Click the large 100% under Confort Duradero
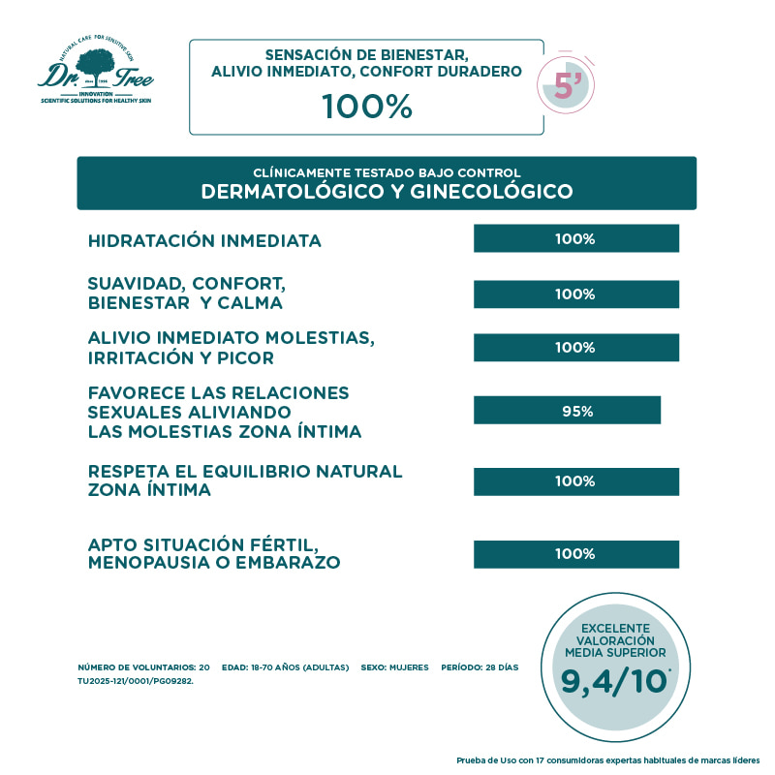coord(367,107)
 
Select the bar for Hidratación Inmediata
coord(575,238)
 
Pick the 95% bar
coord(567,411)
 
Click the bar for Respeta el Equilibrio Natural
coord(575,481)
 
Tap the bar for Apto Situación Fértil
coord(575,554)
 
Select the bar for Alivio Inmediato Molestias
coord(575,348)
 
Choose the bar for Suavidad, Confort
coord(575,294)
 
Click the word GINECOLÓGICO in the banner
coord(491,192)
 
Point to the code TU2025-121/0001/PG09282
coord(135,681)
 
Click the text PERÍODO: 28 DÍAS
coord(481,668)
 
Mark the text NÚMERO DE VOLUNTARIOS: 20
coord(143,668)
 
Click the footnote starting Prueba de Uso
coord(608,759)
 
